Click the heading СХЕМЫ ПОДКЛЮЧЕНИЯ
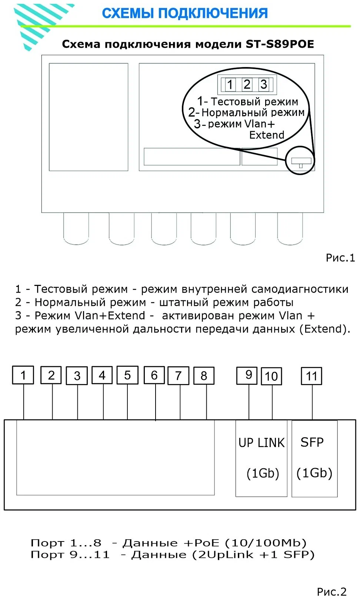tap(184, 13)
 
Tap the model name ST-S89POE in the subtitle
tap(280, 44)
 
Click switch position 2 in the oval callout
tap(247, 84)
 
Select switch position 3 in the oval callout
tap(264, 84)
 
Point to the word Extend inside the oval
tap(267, 135)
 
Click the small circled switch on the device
tap(300, 161)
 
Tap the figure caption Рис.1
tap(340, 258)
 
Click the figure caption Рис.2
tap(331, 591)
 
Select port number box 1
tap(23, 375)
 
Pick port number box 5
tap(127, 375)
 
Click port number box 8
tap(204, 376)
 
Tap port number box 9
tap(249, 375)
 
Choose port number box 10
tap(271, 376)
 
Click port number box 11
tap(311, 376)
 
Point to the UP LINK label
tap(261, 443)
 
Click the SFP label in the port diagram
tap(312, 442)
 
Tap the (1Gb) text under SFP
tap(314, 473)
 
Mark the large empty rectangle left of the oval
tap(89, 117)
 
